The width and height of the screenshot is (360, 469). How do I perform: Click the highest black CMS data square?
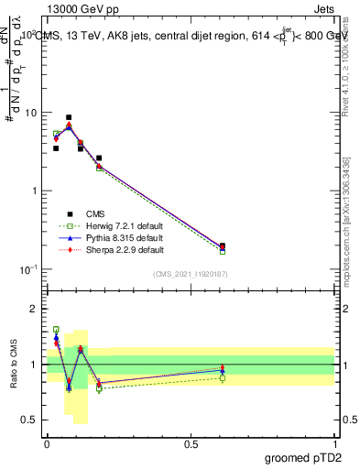(69, 117)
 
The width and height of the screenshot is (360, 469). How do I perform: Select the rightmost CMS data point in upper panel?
(223, 245)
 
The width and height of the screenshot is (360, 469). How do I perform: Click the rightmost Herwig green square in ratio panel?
(223, 377)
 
